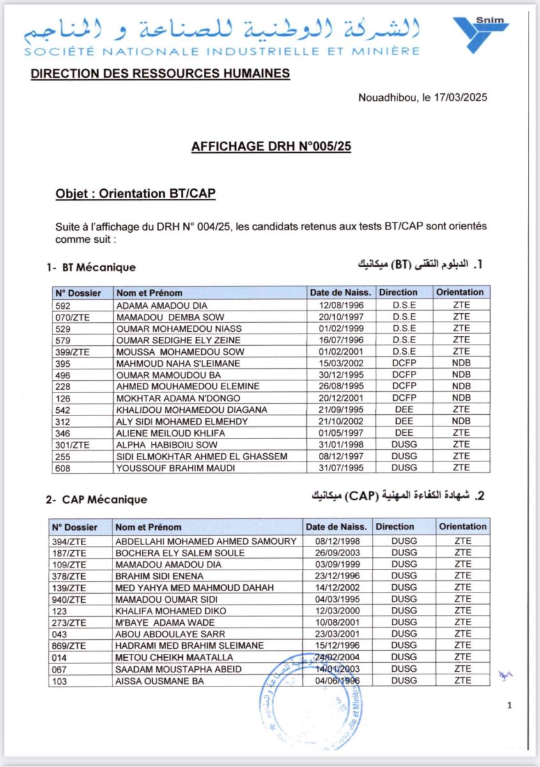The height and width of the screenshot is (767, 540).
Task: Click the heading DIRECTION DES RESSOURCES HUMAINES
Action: (x=160, y=74)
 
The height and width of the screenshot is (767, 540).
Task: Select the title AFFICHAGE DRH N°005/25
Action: (x=271, y=146)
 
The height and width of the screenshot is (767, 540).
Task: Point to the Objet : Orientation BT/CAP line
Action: (x=135, y=194)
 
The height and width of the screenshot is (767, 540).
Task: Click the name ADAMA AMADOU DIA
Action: (x=161, y=305)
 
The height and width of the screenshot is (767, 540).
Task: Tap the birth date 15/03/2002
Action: (x=339, y=363)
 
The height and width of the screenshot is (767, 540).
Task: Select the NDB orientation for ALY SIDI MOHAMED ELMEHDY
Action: (x=461, y=421)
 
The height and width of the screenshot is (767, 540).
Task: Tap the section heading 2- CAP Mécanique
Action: (x=96, y=499)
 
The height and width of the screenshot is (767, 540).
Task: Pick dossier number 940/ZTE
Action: (x=68, y=599)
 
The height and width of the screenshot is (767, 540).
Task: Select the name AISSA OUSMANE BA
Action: (x=160, y=681)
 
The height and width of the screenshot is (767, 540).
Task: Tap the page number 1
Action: (x=509, y=706)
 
